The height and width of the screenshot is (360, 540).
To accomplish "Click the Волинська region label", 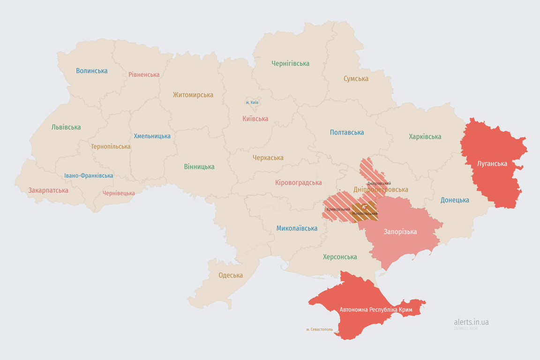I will coord(92,71).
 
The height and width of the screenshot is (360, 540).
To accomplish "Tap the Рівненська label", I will coord(144,75).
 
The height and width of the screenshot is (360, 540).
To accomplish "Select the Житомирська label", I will coord(193,95).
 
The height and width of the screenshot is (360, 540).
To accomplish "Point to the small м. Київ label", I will coord(252,102).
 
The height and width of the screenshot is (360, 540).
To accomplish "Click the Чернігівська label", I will coord(290,63).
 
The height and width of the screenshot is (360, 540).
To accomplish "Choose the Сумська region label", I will coord(356,79).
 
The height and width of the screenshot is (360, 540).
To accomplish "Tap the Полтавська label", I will coord(347,132).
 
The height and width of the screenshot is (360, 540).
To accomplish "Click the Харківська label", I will coord(425,136).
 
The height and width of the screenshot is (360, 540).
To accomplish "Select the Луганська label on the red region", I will coord(492,164).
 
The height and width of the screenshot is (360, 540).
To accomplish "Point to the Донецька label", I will coord(455,200).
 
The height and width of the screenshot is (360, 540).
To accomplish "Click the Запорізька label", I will coord(400,232).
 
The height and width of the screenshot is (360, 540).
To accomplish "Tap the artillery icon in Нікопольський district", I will coord(364,206).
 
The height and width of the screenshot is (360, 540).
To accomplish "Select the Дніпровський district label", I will coord(379,183).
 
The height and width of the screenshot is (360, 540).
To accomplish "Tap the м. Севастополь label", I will coord(319,330).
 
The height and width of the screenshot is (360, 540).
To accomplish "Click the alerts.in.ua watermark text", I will coord(471,322).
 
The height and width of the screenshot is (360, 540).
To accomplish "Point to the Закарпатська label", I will coord(48,190).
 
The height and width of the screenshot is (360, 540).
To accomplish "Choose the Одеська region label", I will coord(231,275).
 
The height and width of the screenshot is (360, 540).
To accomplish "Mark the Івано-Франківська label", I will coord(89,176).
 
